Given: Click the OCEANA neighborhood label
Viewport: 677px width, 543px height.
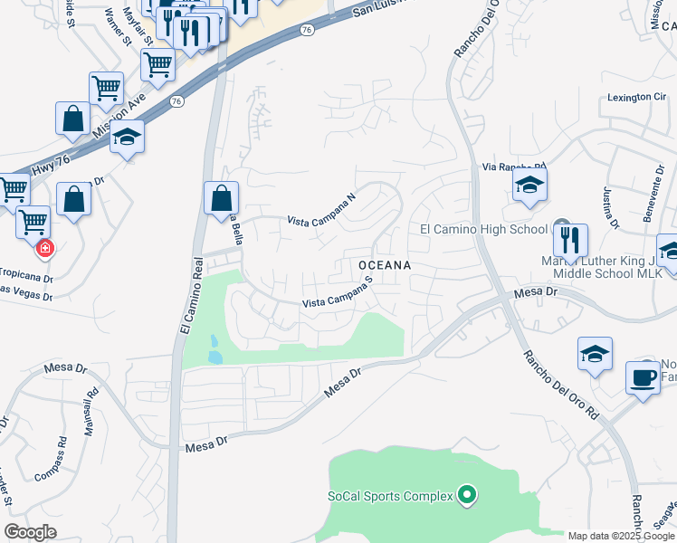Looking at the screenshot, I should (385, 265).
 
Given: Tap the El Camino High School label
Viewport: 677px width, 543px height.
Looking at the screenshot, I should (484, 229).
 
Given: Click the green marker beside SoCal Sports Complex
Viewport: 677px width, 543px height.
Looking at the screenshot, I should (467, 494).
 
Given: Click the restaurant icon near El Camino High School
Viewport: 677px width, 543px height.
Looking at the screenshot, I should (570, 240).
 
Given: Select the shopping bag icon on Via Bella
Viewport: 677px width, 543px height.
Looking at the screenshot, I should (221, 198).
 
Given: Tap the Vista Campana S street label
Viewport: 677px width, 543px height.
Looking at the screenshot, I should (338, 295).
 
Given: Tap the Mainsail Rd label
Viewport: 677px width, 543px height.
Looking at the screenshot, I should (91, 413).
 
